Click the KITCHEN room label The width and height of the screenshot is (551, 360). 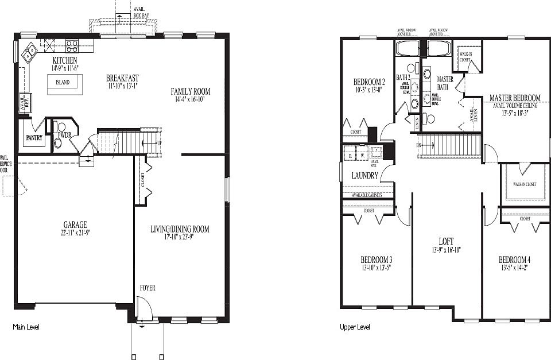coord(65,60)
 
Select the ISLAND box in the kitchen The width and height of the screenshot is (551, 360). coord(63,83)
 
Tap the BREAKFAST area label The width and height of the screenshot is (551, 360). coord(122,78)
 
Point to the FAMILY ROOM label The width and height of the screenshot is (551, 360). coord(191,91)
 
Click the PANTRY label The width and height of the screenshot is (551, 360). coord(34,138)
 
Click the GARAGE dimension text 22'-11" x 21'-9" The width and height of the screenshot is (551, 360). coord(75,233)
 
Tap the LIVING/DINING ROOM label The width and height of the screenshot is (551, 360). coord(180,229)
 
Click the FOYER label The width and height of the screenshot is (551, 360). coord(147,288)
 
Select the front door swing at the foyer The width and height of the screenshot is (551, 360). coord(145,310)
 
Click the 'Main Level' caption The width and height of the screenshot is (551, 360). coord(26,327)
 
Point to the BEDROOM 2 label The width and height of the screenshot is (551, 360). coord(368,82)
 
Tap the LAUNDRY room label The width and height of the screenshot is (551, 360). coord(364,176)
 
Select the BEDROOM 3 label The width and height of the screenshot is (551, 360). coord(376,259)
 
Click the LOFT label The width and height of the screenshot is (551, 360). coord(445,242)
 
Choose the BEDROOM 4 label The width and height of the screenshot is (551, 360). coord(514,260)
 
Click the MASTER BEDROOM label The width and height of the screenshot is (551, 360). coord(514,98)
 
